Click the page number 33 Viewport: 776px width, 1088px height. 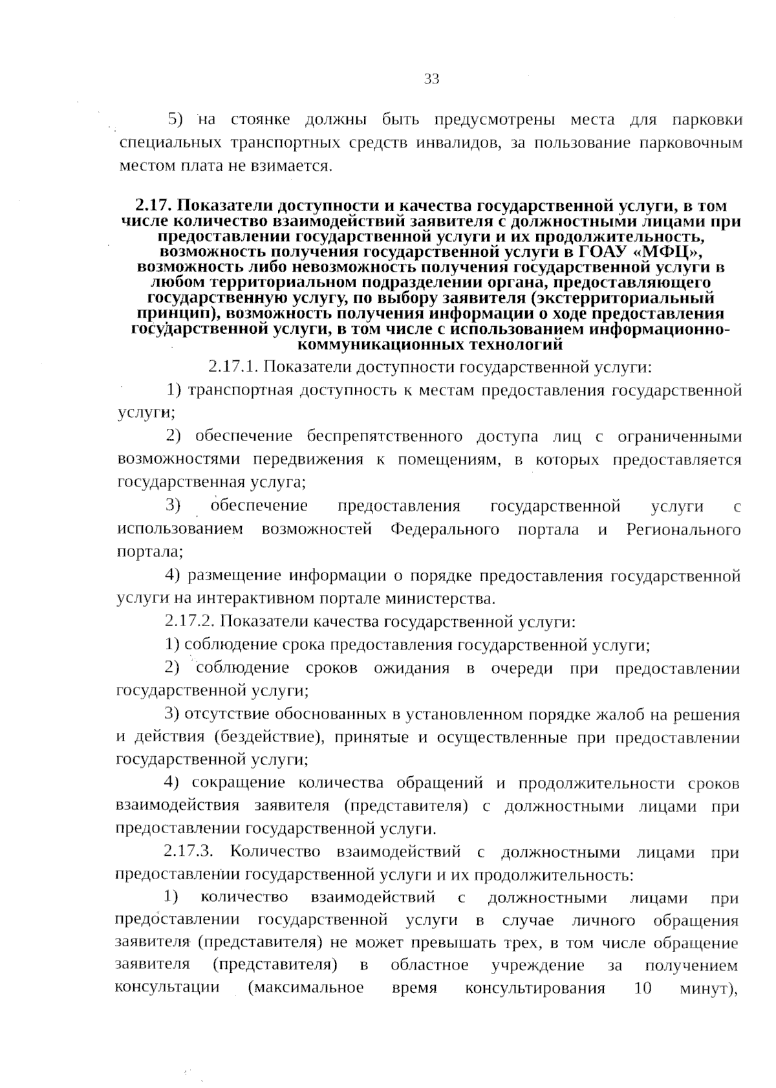pos(431,79)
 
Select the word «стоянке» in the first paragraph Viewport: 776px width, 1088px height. pos(261,120)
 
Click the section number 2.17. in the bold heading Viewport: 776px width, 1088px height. pos(153,206)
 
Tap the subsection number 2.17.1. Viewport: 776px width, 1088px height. pos(233,367)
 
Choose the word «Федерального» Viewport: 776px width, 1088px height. pos(445,529)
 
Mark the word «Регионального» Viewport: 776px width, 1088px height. pos(684,529)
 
